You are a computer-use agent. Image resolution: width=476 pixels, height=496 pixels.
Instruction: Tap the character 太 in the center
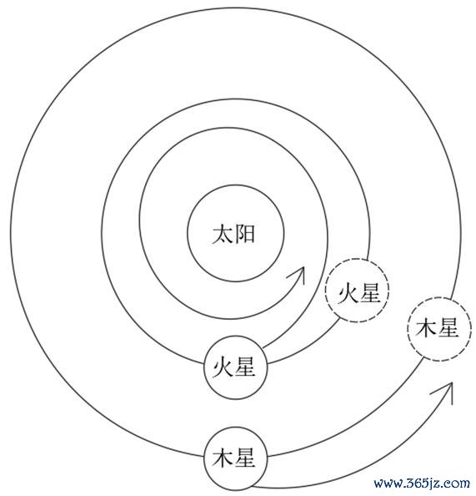pos(223,234)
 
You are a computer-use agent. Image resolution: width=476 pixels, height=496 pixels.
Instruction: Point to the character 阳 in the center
pos(244,234)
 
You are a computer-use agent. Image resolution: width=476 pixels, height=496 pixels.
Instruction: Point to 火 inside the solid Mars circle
pos(223,368)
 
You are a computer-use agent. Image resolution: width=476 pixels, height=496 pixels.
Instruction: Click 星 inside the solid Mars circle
pos(245,368)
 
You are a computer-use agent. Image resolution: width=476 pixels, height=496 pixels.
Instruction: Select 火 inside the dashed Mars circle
pos(348,293)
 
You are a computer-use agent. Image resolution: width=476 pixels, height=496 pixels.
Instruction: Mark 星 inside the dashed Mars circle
pos(369,293)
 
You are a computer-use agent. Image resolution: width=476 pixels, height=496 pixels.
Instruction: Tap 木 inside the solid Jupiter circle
pos(223,458)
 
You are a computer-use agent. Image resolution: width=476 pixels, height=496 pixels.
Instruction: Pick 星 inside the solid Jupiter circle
pos(245,458)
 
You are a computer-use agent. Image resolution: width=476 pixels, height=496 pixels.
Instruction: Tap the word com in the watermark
pos(457,484)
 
